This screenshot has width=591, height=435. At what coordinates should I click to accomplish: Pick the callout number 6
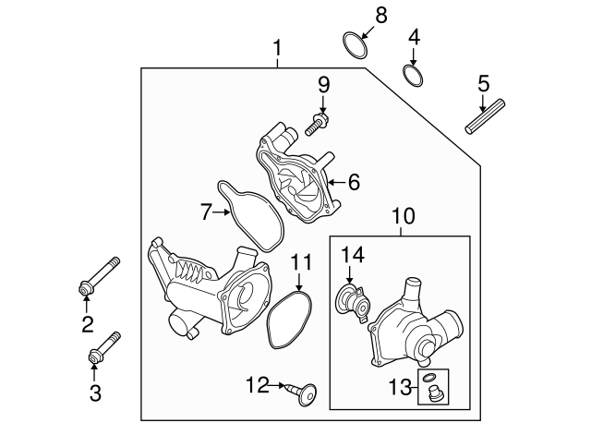tap(354, 183)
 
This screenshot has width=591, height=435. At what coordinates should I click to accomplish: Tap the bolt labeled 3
tap(103, 348)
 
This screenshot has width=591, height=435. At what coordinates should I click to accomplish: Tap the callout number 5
tap(483, 85)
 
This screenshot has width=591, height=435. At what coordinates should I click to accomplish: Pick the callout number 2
tap(88, 323)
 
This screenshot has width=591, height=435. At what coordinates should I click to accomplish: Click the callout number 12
tap(257, 383)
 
